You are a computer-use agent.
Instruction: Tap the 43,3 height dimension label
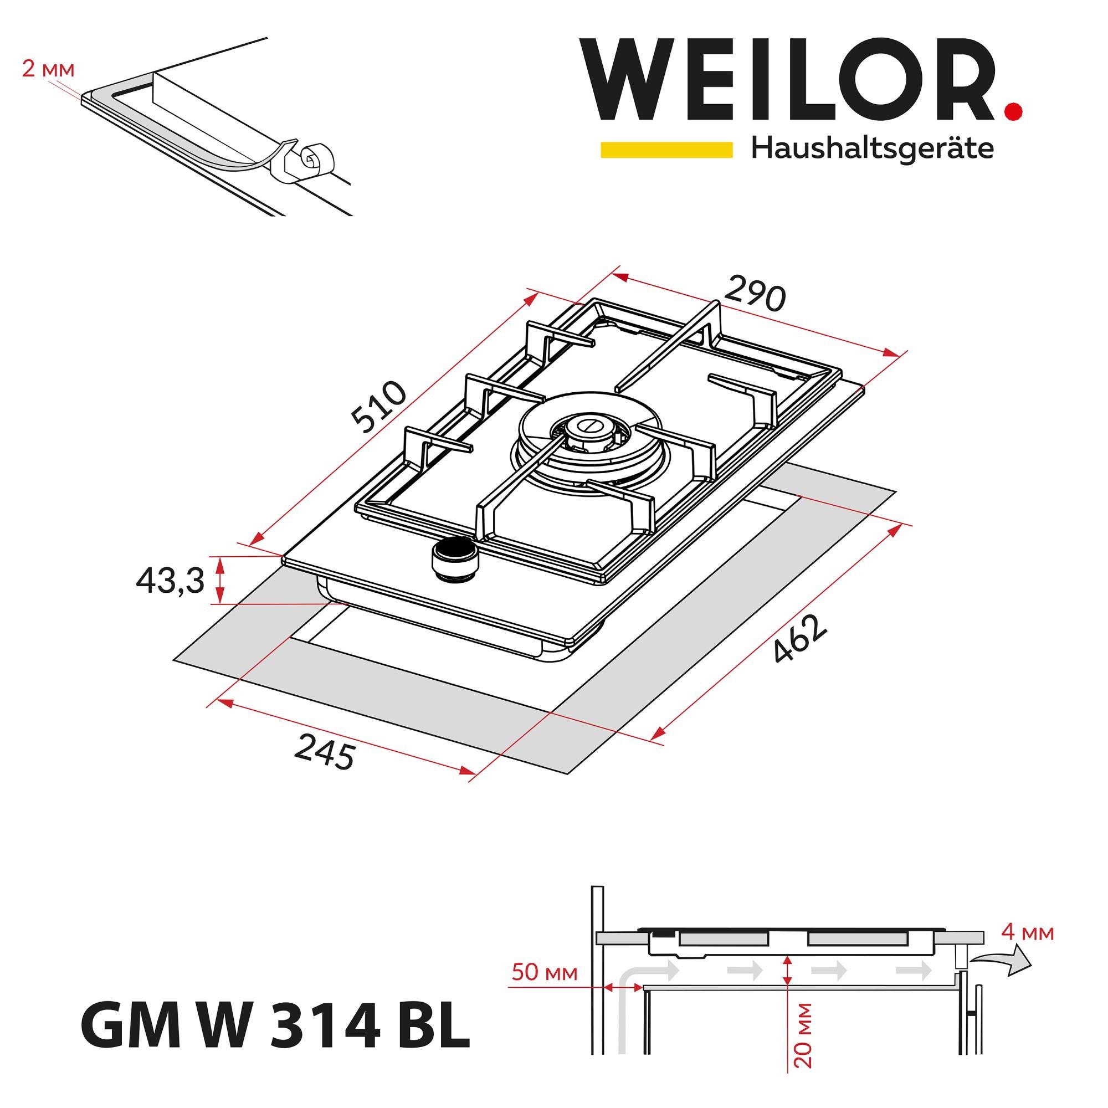pyautogui.click(x=170, y=582)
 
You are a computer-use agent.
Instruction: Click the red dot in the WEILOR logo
pyautogui.click(x=1013, y=111)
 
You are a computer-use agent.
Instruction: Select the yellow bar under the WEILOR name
pyautogui.click(x=666, y=150)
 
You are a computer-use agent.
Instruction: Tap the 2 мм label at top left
pyautogui.click(x=48, y=69)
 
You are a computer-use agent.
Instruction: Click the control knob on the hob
pyautogui.click(x=455, y=557)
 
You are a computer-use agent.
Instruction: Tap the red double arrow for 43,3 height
pyautogui.click(x=218, y=580)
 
